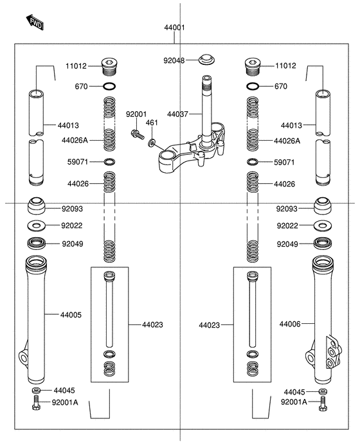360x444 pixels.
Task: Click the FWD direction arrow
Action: [x=35, y=22]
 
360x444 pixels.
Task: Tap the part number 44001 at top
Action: [x=174, y=28]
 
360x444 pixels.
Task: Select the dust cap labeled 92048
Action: [x=206, y=58]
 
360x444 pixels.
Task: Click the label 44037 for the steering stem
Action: [x=177, y=114]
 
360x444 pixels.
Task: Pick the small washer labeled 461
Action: [x=152, y=143]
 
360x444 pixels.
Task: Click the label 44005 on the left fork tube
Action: [x=71, y=315]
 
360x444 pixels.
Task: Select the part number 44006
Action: [x=290, y=324]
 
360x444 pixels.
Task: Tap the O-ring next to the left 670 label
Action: [x=109, y=86]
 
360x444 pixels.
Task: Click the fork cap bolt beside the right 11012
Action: [x=253, y=67]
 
